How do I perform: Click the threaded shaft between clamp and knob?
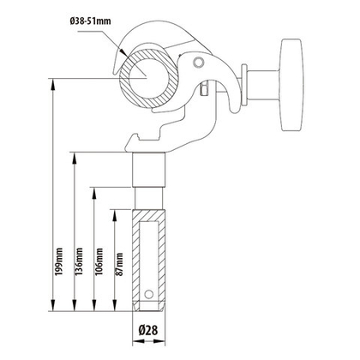244,89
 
